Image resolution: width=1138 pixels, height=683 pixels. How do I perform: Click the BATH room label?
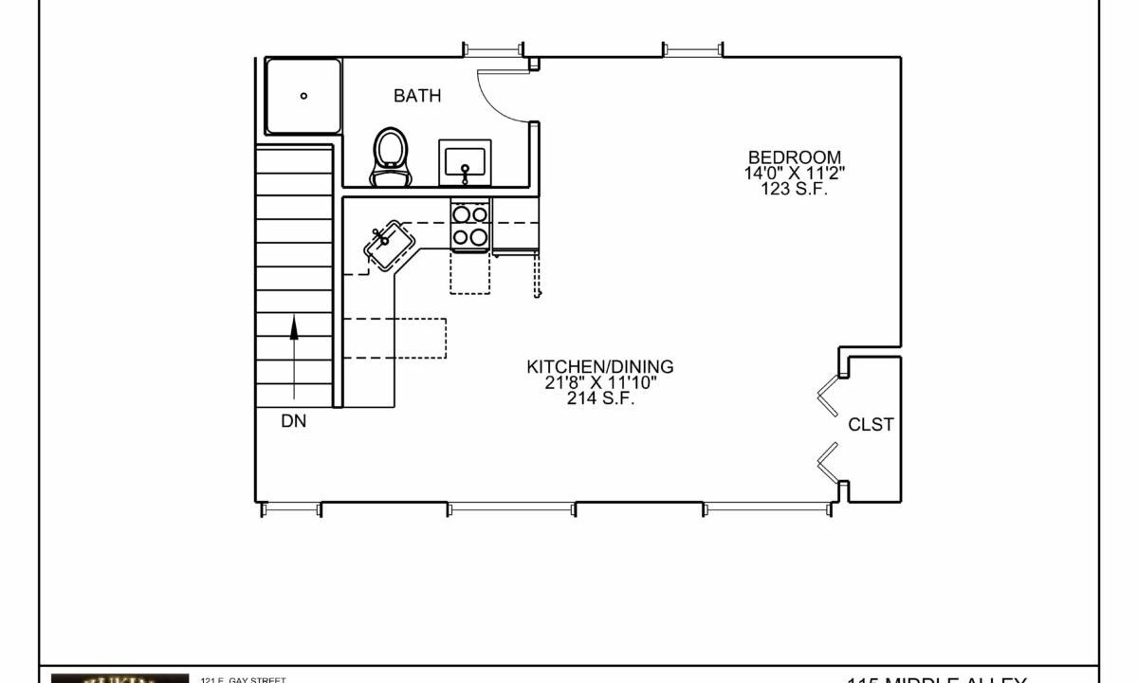tap(417, 96)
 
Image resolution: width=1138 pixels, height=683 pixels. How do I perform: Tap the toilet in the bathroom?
tap(391, 157)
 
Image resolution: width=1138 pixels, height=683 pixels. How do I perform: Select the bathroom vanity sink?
tap(464, 162)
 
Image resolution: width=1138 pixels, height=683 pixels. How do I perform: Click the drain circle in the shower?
tap(304, 96)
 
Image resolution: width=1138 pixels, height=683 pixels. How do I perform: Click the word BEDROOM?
tap(795, 157)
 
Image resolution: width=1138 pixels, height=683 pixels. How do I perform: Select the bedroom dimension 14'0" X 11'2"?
tap(795, 173)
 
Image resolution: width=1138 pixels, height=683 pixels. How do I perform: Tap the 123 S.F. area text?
tap(795, 188)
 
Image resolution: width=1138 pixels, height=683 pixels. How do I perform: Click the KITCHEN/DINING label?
tap(600, 366)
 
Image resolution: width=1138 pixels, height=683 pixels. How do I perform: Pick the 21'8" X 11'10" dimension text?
tap(600, 382)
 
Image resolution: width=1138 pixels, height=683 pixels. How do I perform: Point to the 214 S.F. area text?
tap(600, 398)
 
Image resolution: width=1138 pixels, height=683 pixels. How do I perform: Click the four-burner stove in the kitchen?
tap(470, 226)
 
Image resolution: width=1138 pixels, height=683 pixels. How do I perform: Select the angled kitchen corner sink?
tap(388, 244)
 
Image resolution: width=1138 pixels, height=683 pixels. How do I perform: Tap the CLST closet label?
tap(871, 425)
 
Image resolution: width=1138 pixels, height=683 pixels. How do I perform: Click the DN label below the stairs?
tap(294, 422)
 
